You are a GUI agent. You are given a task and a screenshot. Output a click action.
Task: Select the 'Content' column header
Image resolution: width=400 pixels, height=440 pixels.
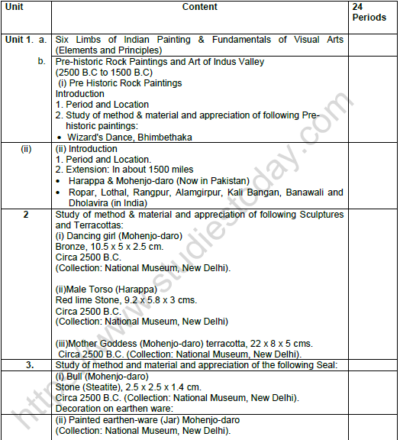tap(200, 7)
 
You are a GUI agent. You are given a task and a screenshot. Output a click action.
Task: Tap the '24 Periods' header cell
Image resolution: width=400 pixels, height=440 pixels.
tap(369, 11)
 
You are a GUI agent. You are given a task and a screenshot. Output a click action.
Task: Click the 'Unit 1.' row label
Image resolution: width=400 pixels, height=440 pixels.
tap(20, 39)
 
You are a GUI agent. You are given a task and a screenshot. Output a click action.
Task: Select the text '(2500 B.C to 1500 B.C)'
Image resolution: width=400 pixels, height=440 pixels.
tap(105, 72)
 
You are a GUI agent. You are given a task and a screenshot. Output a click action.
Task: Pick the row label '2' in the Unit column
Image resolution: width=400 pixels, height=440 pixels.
tap(25, 215)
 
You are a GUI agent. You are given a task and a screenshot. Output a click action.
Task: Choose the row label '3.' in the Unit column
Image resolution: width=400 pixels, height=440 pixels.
tap(28, 365)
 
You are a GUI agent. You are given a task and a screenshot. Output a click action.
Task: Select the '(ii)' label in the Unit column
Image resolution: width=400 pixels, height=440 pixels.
tap(26, 149)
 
